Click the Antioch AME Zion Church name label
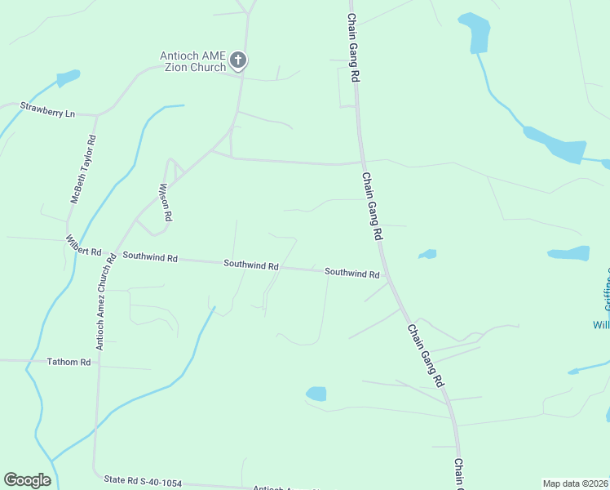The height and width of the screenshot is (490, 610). click(x=193, y=61)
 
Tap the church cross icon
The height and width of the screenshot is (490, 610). click(x=238, y=60)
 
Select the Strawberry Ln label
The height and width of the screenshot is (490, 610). click(x=47, y=109)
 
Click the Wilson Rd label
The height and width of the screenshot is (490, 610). click(x=166, y=203)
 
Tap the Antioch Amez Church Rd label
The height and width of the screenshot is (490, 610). click(x=104, y=308)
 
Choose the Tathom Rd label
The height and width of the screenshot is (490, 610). click(x=69, y=362)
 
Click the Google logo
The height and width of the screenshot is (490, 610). click(x=27, y=480)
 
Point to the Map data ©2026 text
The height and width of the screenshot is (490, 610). click(x=575, y=483)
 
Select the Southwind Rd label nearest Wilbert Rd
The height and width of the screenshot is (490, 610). click(x=149, y=256)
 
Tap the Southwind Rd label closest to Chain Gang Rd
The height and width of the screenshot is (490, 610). click(x=352, y=273)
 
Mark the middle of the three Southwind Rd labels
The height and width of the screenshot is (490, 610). click(x=251, y=265)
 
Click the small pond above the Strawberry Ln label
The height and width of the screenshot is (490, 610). click(x=68, y=78)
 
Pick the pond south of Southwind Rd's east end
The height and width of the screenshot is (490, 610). click(x=316, y=394)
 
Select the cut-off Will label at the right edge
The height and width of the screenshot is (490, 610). click(x=601, y=324)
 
